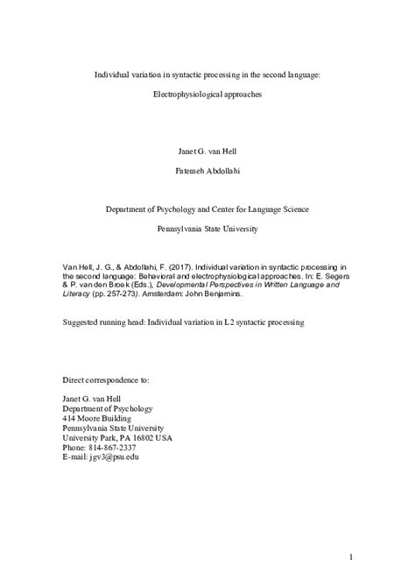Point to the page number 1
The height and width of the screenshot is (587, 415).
coord(349,557)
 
